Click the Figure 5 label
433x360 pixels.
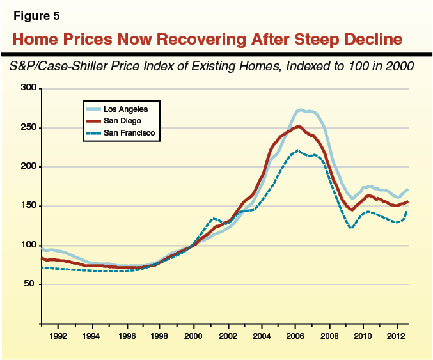click(33, 15)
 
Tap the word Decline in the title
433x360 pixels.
click(366, 40)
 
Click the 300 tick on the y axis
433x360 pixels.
click(27, 88)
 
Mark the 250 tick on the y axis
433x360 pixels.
click(27, 127)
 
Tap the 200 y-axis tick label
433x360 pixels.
click(27, 167)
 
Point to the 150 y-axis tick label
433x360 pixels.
click(27, 206)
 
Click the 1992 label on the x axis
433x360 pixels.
click(58, 335)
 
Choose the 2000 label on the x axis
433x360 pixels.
click(193, 335)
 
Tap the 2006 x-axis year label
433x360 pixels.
click(295, 335)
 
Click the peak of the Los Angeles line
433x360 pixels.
click(301, 110)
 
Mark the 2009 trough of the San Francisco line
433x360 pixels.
click(351, 228)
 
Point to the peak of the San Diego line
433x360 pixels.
click(299, 126)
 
